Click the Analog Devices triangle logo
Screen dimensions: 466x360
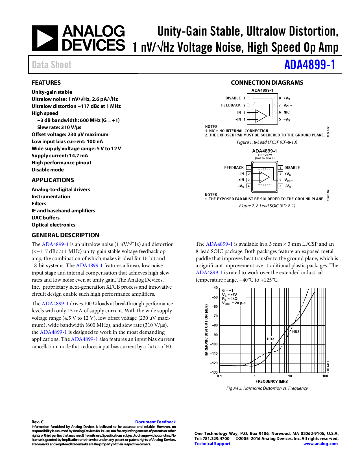coord(45,38)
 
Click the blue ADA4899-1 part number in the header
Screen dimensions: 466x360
coord(309,65)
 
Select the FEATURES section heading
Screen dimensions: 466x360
coord(46,83)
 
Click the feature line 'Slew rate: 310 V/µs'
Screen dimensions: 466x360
coord(59,127)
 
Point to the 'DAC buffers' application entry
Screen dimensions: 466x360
coord(45,218)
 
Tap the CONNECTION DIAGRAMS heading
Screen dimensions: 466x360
coord(267,83)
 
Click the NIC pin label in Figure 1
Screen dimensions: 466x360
coord(287,112)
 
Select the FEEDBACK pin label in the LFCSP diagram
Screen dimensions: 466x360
coord(231,105)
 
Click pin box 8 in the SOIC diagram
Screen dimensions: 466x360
coord(280,167)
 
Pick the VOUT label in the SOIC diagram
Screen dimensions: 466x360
coord(288,180)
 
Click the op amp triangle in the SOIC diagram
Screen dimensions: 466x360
coord(264,177)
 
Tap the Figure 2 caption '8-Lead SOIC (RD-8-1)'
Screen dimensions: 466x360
coord(267,206)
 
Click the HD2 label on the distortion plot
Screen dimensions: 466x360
coord(270,339)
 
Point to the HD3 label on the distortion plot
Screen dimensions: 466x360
coord(296,332)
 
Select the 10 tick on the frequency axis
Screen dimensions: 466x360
coord(290,376)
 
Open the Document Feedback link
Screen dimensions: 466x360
coord(155,422)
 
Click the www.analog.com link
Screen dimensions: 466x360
coord(320,444)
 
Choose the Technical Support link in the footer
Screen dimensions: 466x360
coord(212,444)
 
